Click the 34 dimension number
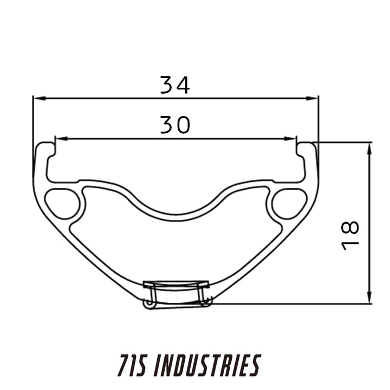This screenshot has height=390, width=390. (x=175, y=85)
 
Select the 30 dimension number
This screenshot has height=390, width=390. (x=175, y=125)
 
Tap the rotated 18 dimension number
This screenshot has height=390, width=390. (x=350, y=235)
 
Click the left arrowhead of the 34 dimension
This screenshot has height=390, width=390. (x=40, y=99)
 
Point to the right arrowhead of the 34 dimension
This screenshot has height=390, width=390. (x=312, y=99)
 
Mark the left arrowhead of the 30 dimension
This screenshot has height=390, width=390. (x=61, y=139)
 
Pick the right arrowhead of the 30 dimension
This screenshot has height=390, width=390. (x=290, y=139)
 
